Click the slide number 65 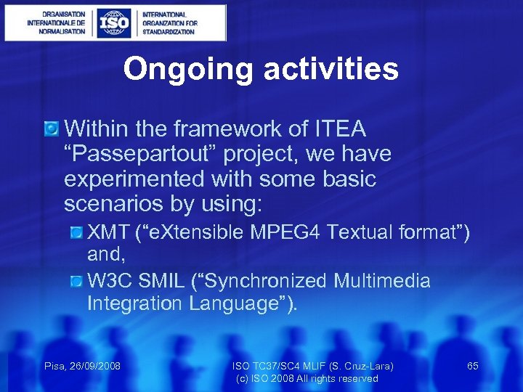tap(473, 366)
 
